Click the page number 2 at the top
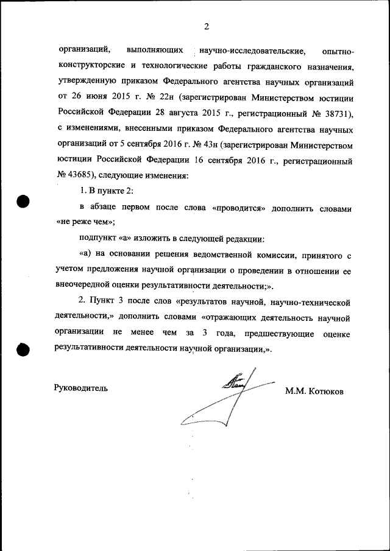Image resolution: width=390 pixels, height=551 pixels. (x=206, y=26)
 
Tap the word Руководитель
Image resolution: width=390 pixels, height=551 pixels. (x=81, y=388)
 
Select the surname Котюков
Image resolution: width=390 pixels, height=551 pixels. (x=326, y=391)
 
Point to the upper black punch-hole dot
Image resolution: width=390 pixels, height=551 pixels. (x=23, y=202)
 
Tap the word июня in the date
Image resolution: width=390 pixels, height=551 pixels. (x=94, y=96)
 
